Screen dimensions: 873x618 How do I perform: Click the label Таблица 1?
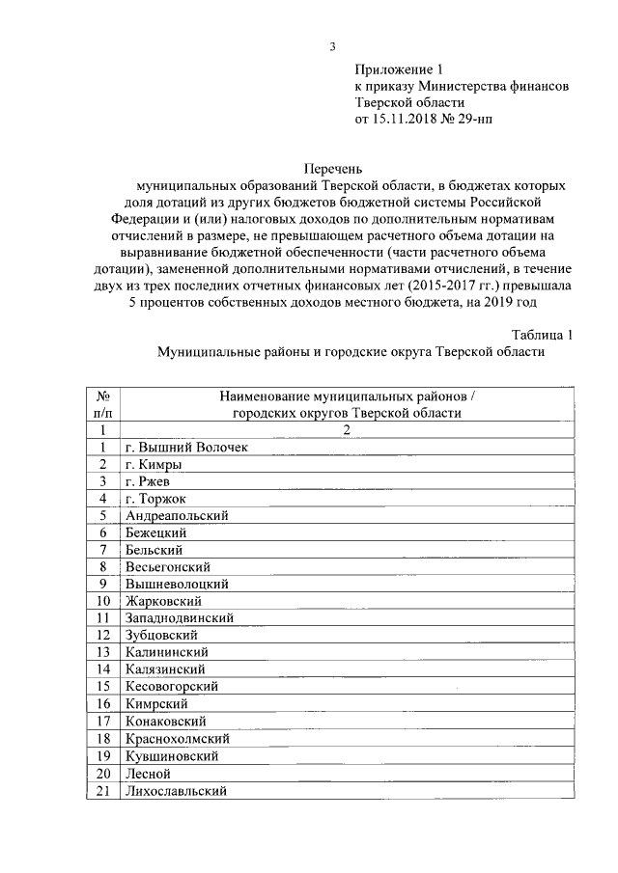pos(543,335)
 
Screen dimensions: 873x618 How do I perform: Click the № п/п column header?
pos(101,404)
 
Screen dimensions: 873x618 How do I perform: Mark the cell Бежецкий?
pos(155,532)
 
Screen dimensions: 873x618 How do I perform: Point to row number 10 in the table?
pos(101,601)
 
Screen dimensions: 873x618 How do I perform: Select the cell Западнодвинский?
pos(179,617)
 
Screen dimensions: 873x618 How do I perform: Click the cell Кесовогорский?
pos(171,686)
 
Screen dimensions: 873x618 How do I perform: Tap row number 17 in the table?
pos(101,721)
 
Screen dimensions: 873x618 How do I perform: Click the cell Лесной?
pos(147,774)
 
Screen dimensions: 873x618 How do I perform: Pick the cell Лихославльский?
pos(175,791)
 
